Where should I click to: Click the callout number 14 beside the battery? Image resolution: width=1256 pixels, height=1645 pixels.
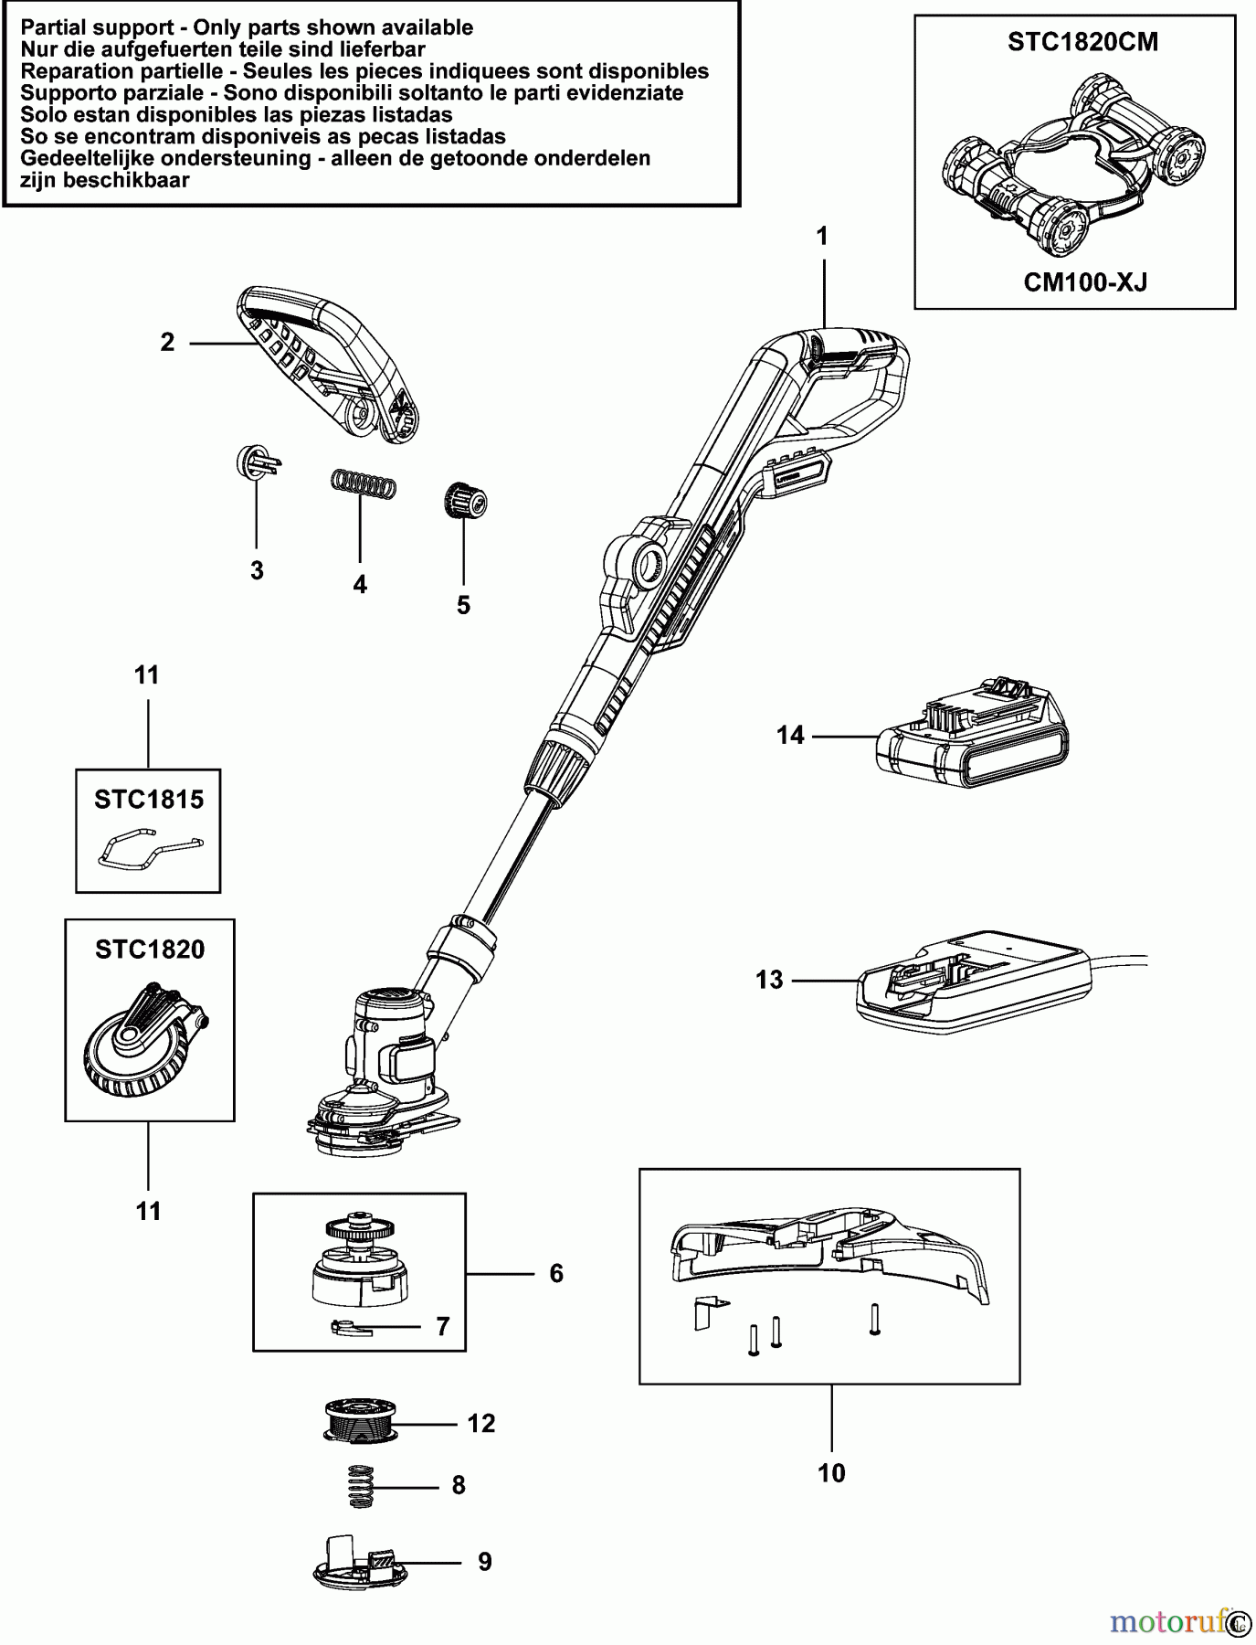[790, 736]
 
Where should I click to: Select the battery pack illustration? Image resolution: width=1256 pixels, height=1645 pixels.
[973, 740]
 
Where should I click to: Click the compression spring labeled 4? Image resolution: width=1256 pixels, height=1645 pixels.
[364, 483]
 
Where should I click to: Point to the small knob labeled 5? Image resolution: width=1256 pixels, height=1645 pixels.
[465, 502]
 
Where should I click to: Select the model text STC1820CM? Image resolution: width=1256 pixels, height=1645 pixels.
[1082, 42]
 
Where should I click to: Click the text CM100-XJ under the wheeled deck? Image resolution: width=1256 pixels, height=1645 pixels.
[1084, 281]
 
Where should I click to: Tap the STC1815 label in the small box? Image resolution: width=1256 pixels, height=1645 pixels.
[149, 800]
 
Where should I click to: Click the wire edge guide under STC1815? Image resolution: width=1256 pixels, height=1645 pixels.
[149, 849]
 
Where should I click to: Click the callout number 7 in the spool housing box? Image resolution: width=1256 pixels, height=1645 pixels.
[443, 1326]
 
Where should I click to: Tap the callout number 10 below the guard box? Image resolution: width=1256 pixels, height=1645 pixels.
[831, 1473]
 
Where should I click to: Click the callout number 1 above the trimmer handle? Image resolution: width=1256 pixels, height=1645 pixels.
[822, 237]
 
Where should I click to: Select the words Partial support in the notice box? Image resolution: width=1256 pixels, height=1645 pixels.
[96, 27]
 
